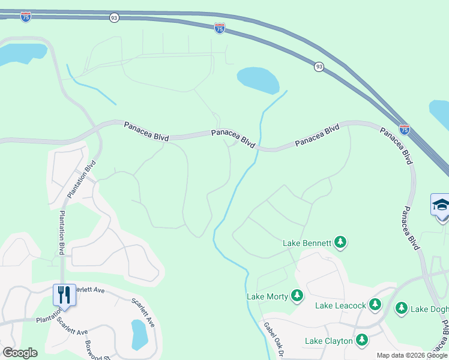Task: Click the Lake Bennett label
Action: [307, 243]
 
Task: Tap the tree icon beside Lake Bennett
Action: [340, 242]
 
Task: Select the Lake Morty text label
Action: [267, 296]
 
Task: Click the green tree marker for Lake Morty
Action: [297, 295]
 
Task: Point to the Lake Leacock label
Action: [340, 305]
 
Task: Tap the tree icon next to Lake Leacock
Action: [375, 305]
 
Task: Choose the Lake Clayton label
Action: [328, 341]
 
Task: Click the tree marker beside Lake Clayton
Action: [361, 340]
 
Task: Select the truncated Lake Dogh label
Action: [429, 309]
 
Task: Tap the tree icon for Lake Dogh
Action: [402, 308]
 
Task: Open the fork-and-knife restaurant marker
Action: [64, 295]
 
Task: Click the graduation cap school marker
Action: [441, 205]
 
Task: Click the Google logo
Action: [20, 352]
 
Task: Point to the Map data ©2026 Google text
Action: [411, 355]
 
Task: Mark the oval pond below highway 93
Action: [258, 80]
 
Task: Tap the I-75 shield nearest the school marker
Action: [405, 129]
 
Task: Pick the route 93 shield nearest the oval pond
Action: [318, 67]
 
